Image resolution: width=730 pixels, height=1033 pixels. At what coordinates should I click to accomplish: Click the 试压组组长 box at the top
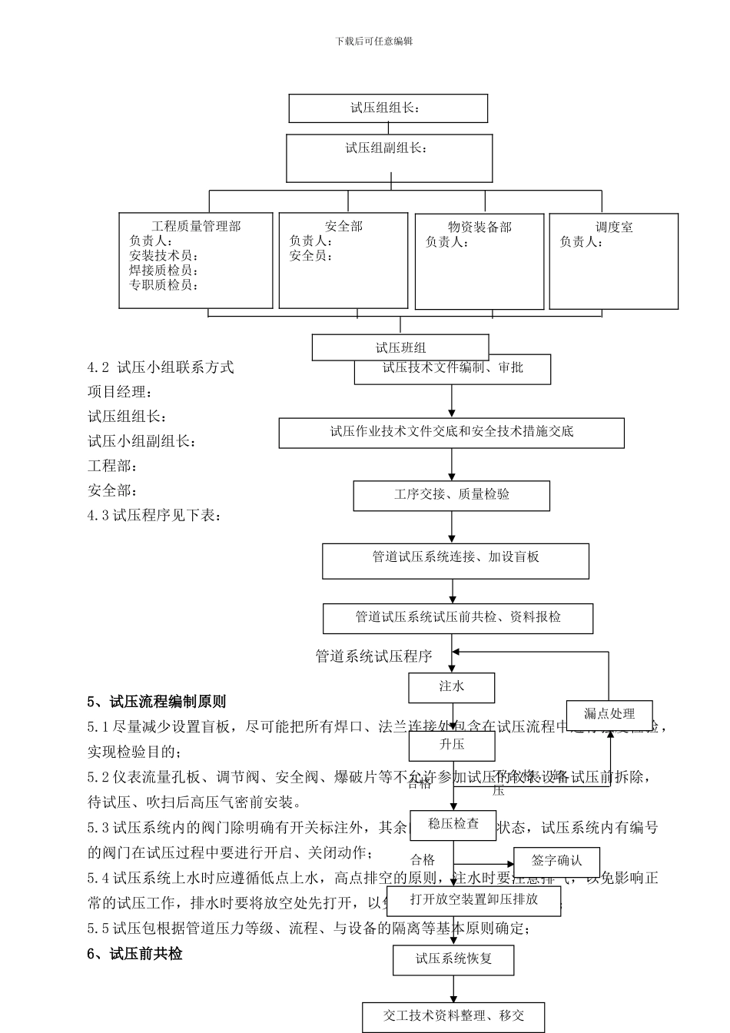point(387,108)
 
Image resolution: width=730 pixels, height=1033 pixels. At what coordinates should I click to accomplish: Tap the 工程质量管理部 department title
point(196,226)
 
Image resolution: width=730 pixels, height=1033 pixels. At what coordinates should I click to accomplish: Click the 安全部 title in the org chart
point(343,226)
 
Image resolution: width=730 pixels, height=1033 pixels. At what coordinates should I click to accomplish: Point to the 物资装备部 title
point(479,227)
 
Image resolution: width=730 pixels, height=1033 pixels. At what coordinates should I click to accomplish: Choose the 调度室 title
point(614,227)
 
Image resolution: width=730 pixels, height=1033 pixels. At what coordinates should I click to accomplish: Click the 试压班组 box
point(400,347)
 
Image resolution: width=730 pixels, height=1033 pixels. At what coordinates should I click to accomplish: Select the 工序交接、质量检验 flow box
point(451,495)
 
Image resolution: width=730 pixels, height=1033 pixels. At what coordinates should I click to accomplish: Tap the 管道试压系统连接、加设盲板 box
point(455,561)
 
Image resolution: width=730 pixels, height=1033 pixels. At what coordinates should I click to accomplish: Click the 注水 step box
point(451,687)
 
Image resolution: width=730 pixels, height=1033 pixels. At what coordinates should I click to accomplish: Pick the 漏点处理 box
point(609,715)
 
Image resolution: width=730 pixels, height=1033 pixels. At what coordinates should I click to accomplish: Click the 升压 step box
point(451,745)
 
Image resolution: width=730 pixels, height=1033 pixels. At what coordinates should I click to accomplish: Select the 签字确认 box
point(556,862)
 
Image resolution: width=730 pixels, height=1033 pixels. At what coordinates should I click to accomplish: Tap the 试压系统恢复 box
point(453,959)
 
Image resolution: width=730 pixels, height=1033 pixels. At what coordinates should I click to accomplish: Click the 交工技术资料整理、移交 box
point(453,1016)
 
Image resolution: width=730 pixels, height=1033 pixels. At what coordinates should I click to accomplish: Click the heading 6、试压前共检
point(134,954)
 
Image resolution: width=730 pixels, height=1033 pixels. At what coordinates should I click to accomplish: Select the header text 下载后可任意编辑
point(374,41)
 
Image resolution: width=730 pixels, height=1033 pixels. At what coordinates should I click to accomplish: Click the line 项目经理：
point(120,392)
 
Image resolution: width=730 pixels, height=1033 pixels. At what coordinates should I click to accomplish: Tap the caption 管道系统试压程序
point(373,656)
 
